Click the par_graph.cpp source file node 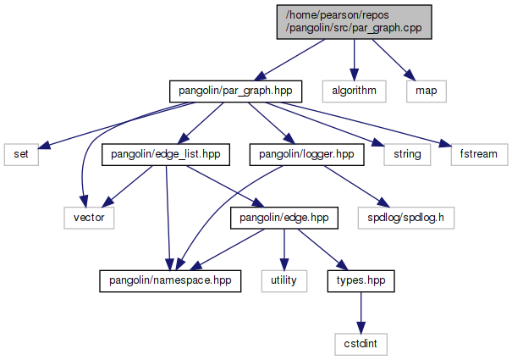click(x=354, y=20)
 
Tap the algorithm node click(x=354, y=89)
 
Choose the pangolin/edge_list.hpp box click(x=161, y=154)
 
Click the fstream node click(x=479, y=154)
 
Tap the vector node click(x=87, y=218)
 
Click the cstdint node click(x=361, y=344)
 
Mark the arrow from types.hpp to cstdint click(x=361, y=312)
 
